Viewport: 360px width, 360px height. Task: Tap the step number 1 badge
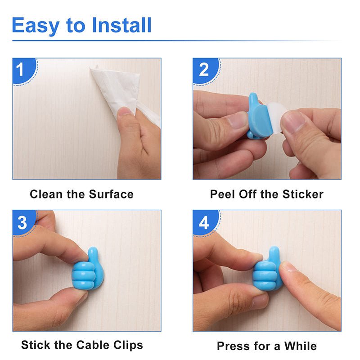pos(21,70)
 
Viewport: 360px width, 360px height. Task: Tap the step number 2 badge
pos(204,70)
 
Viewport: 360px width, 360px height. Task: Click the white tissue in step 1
pos(112,88)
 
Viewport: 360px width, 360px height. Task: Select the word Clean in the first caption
pos(44,194)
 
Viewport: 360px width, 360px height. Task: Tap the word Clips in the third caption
pos(128,345)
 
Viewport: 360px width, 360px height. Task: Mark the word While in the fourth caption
pos(300,346)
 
